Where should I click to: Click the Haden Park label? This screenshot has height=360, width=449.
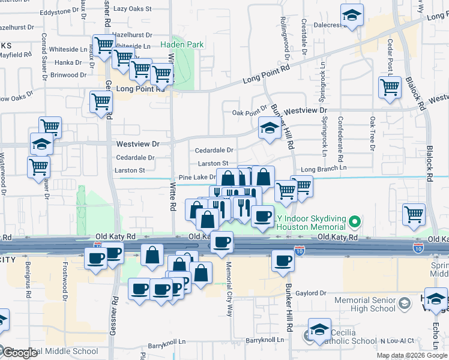coord(182,44)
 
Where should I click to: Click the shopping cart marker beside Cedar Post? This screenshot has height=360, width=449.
coord(390,88)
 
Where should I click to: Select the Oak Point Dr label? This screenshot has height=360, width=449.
coord(249,112)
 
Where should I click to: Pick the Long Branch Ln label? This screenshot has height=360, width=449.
coord(325,170)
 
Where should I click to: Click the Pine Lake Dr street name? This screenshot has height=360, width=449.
coord(197,178)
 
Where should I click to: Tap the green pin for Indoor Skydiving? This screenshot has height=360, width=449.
coord(354,222)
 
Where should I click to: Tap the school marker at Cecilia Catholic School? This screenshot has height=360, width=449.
coord(319,329)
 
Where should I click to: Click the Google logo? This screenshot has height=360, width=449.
coord(19,353)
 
